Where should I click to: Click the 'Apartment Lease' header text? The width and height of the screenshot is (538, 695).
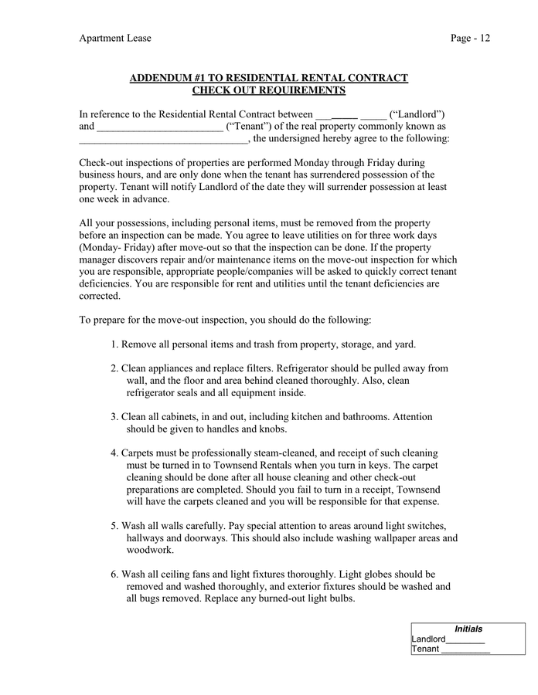[x=115, y=38]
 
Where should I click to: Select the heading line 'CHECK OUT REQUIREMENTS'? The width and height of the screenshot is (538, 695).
[x=268, y=91]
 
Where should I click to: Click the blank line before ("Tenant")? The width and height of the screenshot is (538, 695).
[x=159, y=128]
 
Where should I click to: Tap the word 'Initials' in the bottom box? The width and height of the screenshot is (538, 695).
[x=468, y=629]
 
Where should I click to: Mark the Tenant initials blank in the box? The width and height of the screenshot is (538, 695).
[x=465, y=651]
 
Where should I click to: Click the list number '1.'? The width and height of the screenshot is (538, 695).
[x=114, y=344]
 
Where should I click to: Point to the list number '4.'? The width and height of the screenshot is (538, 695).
[x=114, y=453]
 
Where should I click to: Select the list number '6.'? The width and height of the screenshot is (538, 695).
[x=114, y=575]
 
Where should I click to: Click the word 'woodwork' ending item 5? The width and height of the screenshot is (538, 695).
[x=150, y=551]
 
